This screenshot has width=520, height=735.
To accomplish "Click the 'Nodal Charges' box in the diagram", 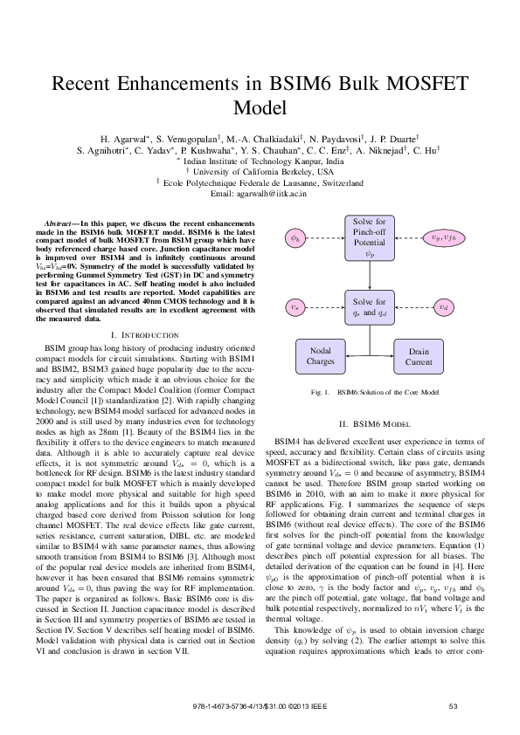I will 320,356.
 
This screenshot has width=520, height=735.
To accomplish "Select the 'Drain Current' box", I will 419,356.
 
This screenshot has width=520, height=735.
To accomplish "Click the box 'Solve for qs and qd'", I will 370,306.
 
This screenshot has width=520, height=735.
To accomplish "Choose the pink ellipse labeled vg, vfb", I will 445,237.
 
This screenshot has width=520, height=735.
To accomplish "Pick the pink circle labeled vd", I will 445,306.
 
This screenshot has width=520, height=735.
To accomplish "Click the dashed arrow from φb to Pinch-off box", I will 324,237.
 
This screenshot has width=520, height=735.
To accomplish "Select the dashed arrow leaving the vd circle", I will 416,306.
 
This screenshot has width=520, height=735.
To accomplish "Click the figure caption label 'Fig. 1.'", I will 320,393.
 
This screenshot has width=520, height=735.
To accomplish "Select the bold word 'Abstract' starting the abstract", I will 61,225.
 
